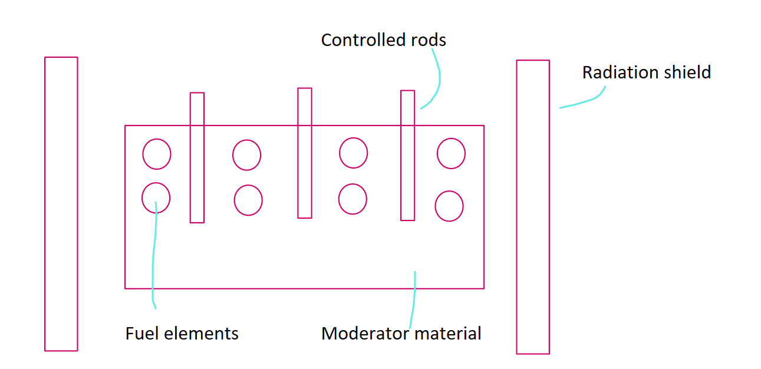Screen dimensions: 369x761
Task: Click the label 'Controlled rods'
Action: tap(383, 40)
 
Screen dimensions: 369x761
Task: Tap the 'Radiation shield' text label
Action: tap(646, 73)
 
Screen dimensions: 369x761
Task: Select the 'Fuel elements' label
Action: tap(182, 334)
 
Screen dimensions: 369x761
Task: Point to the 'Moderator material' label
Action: tap(401, 334)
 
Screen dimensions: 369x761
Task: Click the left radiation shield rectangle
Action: tap(61, 204)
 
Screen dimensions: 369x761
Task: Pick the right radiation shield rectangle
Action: tap(533, 207)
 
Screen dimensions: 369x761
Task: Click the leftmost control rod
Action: tap(197, 157)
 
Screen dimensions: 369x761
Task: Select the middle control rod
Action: tap(305, 153)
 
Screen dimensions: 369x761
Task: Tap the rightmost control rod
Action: tap(407, 156)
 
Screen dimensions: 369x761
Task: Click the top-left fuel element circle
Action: tap(157, 154)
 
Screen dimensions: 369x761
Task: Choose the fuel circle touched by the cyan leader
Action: tap(156, 198)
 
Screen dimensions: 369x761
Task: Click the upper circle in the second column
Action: tap(246, 155)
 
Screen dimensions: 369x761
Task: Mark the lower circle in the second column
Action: tap(248, 200)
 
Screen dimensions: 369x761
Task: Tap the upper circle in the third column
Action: tap(353, 153)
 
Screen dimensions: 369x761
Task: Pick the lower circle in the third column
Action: tap(353, 199)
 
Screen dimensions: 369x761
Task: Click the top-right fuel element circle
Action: tap(451, 153)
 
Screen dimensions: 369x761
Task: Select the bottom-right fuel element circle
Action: tap(449, 206)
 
